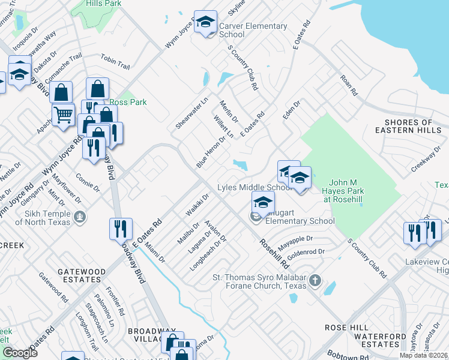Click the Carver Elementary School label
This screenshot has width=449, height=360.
tap(253, 30)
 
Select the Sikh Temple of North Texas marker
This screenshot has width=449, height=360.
tap(79, 215)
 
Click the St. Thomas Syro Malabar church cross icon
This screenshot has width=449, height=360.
tap(313, 281)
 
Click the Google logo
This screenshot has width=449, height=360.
tap(20, 353)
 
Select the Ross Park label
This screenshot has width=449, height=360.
tap(128, 102)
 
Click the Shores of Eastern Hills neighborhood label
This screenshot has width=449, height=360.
tap(408, 126)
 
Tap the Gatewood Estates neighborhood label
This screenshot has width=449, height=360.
tap(79, 275)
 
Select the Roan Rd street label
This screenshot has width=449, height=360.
tap(348, 85)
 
